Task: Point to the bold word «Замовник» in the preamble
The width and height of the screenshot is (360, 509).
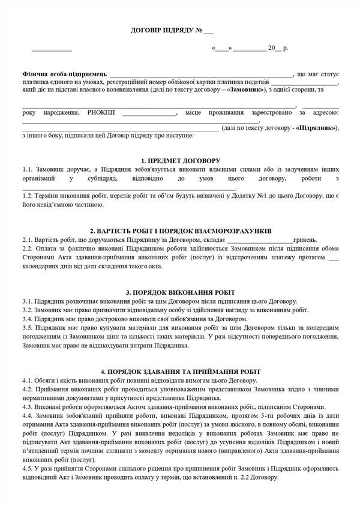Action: (x=247, y=89)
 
